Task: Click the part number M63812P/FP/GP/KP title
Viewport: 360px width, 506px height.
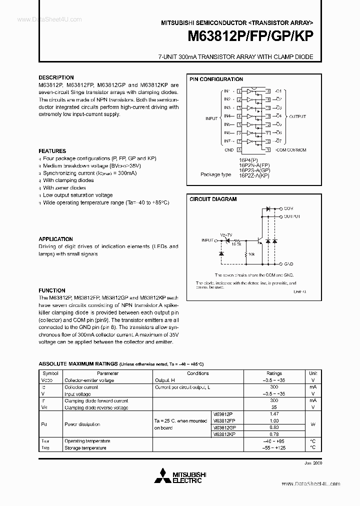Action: point(250,37)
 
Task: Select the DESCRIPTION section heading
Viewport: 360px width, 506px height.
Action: point(56,77)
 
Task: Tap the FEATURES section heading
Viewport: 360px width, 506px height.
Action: point(52,151)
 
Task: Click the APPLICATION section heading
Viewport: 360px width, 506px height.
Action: point(55,239)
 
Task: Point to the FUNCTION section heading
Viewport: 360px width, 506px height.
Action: point(52,290)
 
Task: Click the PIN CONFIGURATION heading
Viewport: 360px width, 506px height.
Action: point(216,79)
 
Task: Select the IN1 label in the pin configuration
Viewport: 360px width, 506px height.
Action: point(227,91)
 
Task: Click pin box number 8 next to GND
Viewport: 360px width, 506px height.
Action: point(239,149)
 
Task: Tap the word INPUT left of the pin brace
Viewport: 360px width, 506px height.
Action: point(211,118)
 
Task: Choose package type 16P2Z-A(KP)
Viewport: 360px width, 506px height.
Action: point(254,175)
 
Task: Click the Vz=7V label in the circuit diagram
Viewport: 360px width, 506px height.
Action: point(225,234)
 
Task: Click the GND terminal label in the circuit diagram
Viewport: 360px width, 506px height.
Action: point(288,263)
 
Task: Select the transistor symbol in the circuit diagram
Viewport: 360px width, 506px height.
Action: point(259,240)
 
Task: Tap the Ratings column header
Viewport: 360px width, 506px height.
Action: point(274,373)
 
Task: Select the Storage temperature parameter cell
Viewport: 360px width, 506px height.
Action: point(85,448)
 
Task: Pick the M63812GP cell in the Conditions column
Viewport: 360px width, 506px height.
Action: point(224,428)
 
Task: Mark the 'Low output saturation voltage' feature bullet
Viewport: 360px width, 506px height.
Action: point(77,195)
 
